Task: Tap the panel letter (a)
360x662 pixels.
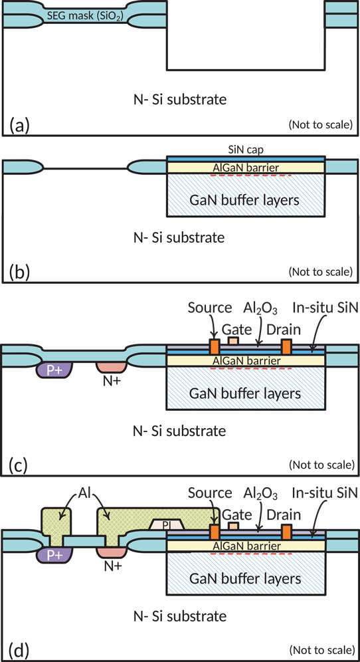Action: pyautogui.click(x=19, y=125)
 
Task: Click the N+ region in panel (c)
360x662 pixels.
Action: pyautogui.click(x=111, y=366)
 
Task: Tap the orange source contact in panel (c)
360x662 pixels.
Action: pyautogui.click(x=215, y=346)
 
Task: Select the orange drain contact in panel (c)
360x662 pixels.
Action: pyautogui.click(x=287, y=346)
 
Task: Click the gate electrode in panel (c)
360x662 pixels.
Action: pyautogui.click(x=233, y=340)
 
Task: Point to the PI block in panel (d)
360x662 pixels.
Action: pyautogui.click(x=169, y=524)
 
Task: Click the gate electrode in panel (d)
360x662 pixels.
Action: pyautogui.click(x=233, y=526)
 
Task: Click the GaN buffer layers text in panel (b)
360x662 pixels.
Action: pyautogui.click(x=245, y=199)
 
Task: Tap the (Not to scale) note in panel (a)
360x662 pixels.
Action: pyautogui.click(x=320, y=125)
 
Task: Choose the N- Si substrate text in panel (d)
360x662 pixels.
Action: pyautogui.click(x=178, y=617)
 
